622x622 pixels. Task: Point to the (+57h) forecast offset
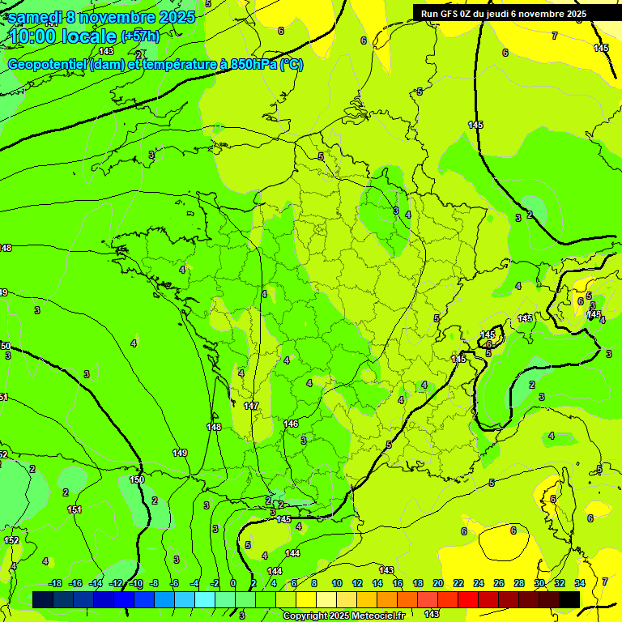[x=140, y=36]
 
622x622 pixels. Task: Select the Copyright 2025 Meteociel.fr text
[x=343, y=616]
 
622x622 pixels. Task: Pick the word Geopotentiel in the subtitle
[x=47, y=65]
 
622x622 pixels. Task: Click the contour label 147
[x=251, y=406]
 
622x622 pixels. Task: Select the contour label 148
[x=214, y=427]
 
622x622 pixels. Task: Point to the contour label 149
[x=180, y=453]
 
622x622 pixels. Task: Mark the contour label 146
[x=292, y=424]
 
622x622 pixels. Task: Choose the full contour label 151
[x=75, y=509]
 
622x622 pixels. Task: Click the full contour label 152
[x=11, y=540]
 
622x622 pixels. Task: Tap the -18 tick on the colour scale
[x=56, y=583]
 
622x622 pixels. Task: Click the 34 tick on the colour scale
[x=580, y=583]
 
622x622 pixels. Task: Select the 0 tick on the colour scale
[x=233, y=583]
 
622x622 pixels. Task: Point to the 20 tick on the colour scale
[x=438, y=583]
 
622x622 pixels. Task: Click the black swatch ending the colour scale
[x=569, y=599]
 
